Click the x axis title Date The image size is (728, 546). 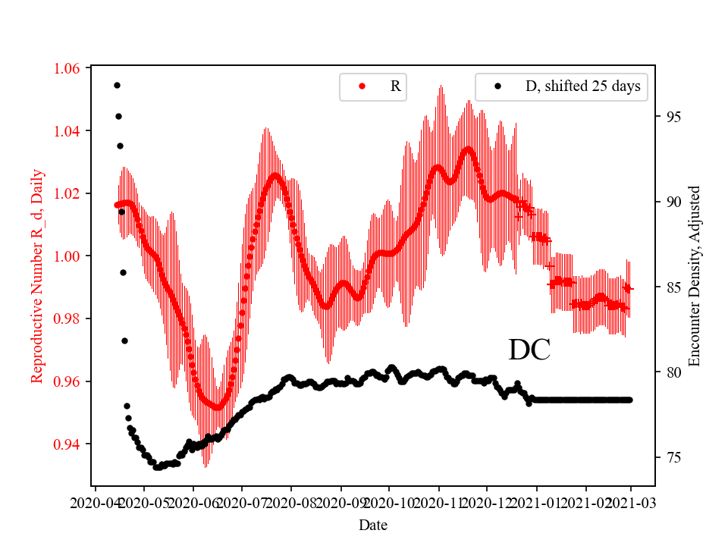pos(373,524)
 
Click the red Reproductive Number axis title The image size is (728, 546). pos(37,276)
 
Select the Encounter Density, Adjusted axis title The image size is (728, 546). pos(695,277)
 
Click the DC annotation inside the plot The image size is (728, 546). pos(529,350)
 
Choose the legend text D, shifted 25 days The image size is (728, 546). pos(582,86)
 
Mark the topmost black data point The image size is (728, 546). pos(117,85)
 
